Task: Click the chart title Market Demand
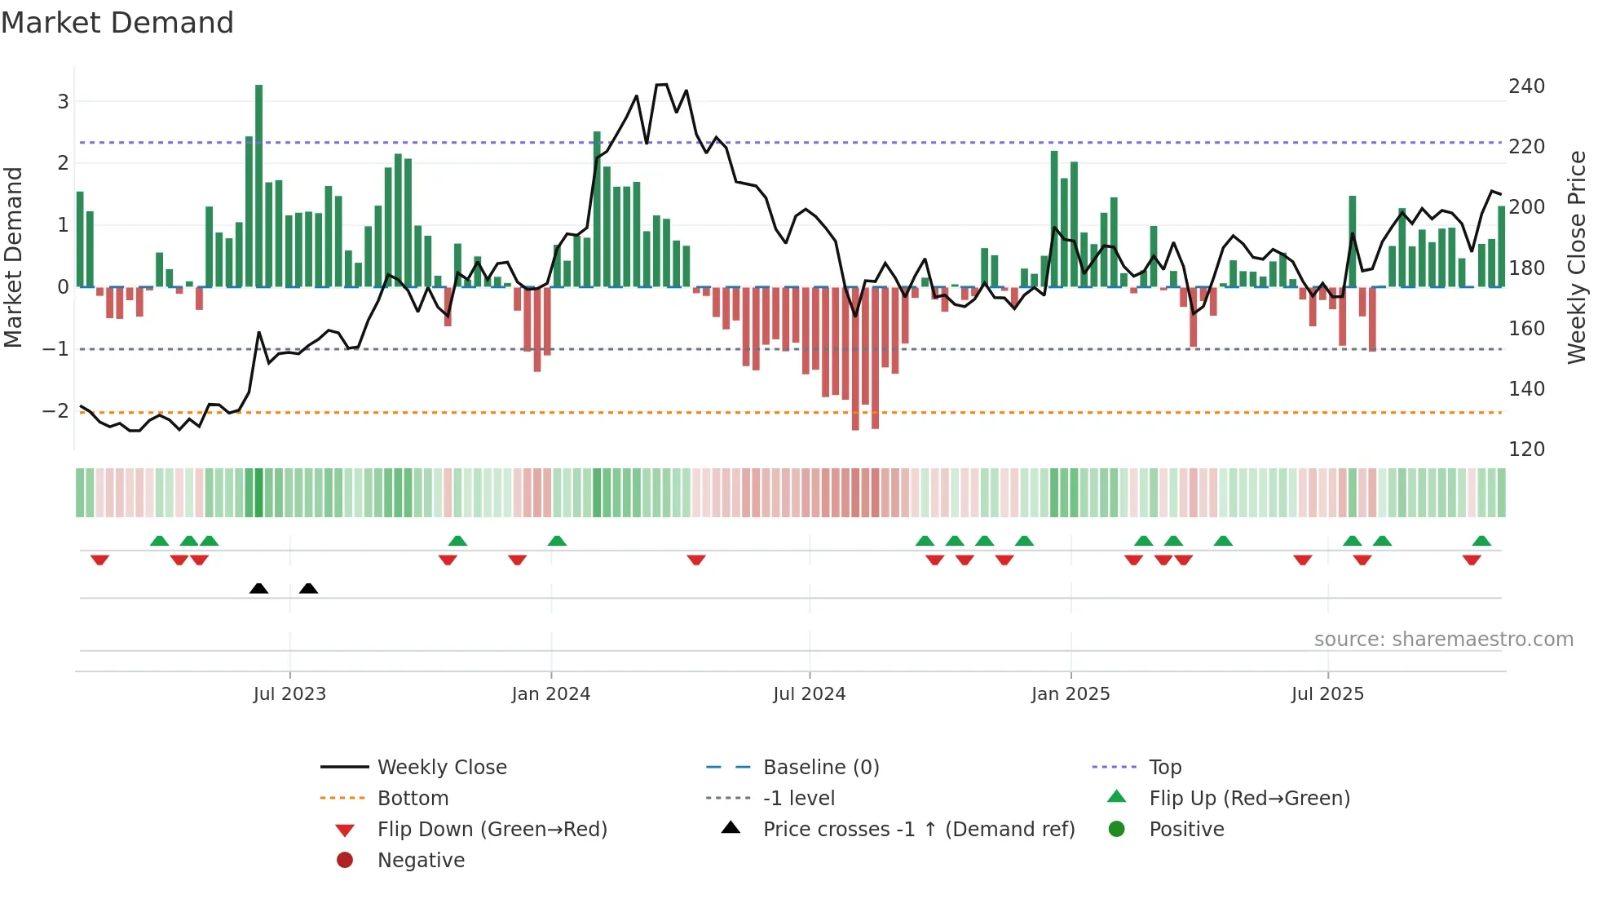117,23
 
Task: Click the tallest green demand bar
258,186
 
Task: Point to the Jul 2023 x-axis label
289,694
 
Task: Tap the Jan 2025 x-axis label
1070,694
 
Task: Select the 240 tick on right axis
1526,86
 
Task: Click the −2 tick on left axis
55,410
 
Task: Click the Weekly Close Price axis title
1577,257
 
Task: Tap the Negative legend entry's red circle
345,861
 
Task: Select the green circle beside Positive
1117,830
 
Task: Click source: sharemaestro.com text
1443,640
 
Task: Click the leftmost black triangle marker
258,588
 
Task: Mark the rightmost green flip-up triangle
1481,541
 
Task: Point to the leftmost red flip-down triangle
99,560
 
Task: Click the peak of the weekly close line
661,85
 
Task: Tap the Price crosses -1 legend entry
918,830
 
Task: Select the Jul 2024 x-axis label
809,694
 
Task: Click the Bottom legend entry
413,799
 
